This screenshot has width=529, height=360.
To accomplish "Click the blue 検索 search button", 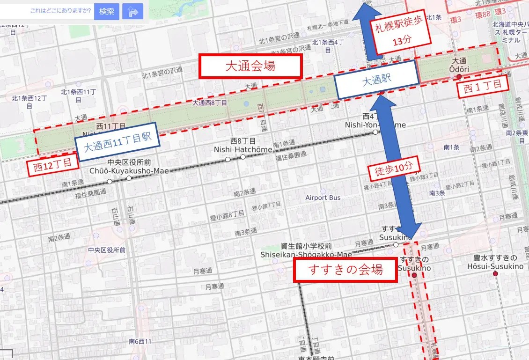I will pos(106,12).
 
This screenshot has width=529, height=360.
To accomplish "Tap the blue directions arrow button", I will pos(132,12).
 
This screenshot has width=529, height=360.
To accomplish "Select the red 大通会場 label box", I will pos(250,66).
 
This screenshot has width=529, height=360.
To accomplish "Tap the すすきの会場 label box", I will pos(345,270).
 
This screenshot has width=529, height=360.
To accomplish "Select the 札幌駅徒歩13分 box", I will pos(400,34).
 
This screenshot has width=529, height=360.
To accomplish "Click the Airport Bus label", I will pos(323,198).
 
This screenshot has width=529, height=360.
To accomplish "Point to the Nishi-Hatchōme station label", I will pos(243,149).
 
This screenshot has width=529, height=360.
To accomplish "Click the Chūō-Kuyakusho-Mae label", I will pos(129,170).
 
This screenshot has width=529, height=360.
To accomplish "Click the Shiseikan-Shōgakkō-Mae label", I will pos(306,255).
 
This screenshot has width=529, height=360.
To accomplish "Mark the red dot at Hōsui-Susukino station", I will pos(495,273).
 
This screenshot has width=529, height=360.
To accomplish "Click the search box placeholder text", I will pos(60,10).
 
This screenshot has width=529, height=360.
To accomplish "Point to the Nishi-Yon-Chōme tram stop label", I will pos(375,125).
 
